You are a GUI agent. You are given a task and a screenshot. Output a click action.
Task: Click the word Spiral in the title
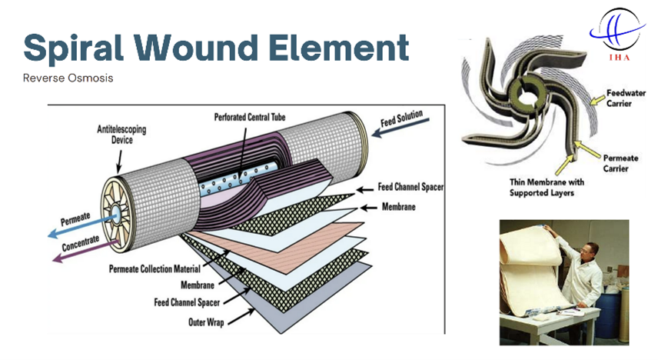tap(74, 48)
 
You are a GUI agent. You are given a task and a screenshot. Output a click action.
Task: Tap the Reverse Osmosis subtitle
tap(68, 78)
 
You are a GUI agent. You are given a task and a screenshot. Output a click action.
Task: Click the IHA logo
tap(618, 35)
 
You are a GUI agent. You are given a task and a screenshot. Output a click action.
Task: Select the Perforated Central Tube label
tap(250, 117)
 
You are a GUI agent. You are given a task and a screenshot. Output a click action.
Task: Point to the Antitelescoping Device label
tap(121, 135)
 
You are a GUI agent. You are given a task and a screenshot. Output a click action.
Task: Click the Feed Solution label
tap(401, 118)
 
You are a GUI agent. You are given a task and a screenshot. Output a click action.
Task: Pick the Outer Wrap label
tap(206, 322)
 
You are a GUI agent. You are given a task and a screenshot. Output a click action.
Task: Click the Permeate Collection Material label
tap(155, 268)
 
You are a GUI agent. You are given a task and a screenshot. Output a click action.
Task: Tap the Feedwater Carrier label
tap(626, 98)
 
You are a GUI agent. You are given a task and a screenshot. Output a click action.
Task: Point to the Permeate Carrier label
tap(620, 163)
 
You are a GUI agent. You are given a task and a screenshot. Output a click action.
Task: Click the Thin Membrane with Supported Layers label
tap(547, 188)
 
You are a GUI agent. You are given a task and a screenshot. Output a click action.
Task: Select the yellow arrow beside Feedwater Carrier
tap(598, 99)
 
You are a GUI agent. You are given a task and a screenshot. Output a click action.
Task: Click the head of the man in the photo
tap(590, 251)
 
